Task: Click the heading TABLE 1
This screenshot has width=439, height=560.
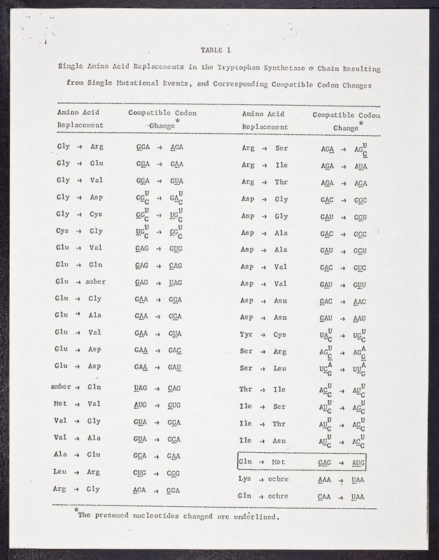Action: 215,50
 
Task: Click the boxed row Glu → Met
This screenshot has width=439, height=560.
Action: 301,463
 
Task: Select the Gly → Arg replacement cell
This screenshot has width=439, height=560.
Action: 79,147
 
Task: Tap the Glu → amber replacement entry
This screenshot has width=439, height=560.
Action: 82,281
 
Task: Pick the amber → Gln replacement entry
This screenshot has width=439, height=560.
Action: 77,386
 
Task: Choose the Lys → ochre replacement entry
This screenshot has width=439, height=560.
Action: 263,479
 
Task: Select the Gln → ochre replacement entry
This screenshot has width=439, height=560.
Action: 263,496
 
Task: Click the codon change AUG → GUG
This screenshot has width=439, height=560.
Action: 158,405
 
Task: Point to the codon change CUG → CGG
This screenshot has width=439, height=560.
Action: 158,472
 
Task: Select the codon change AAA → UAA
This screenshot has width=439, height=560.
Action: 341,479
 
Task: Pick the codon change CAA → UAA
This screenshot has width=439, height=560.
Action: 341,496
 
